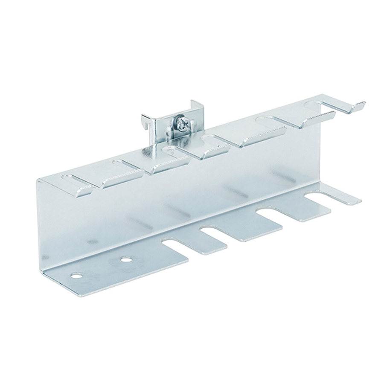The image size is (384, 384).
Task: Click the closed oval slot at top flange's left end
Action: (x=70, y=178)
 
